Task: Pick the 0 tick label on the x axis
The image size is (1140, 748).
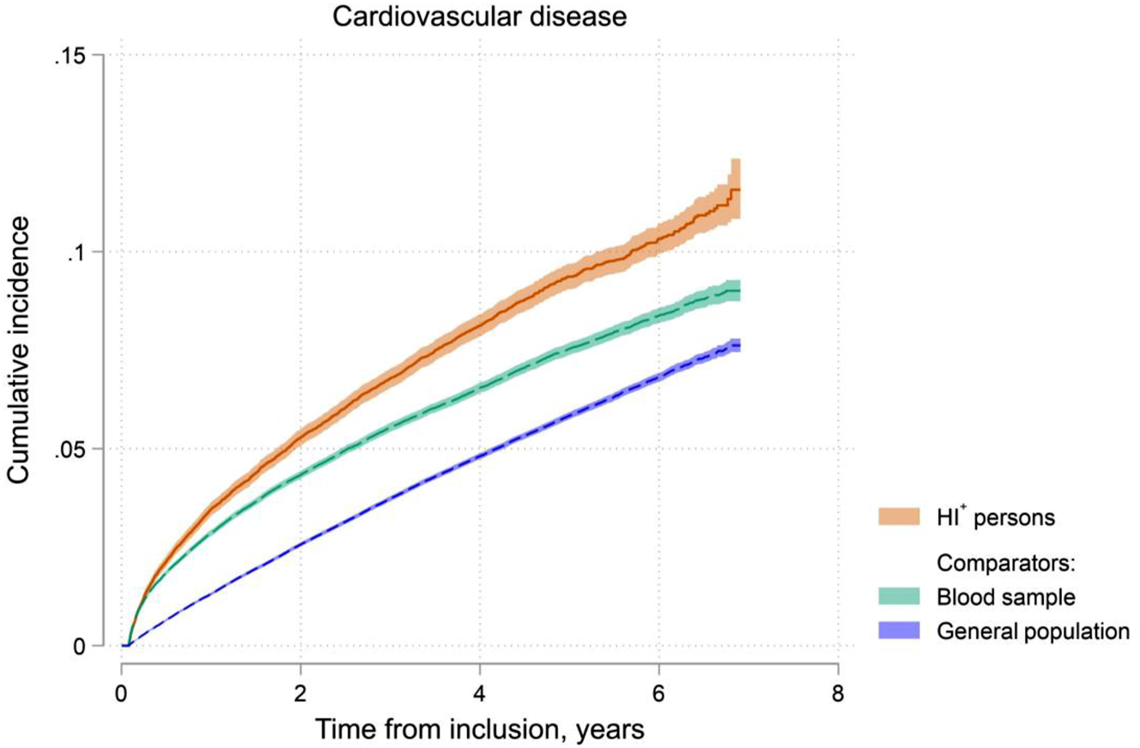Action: tap(122, 691)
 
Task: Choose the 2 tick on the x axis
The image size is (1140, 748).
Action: tap(300, 691)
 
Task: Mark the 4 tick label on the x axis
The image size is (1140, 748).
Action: tap(480, 691)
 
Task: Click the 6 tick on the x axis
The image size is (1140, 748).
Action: tap(658, 691)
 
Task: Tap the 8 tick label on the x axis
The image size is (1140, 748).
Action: tap(838, 691)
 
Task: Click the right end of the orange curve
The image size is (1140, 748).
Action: tap(740, 190)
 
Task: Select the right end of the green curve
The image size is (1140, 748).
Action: tap(740, 291)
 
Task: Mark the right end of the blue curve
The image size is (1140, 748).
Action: tap(740, 346)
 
